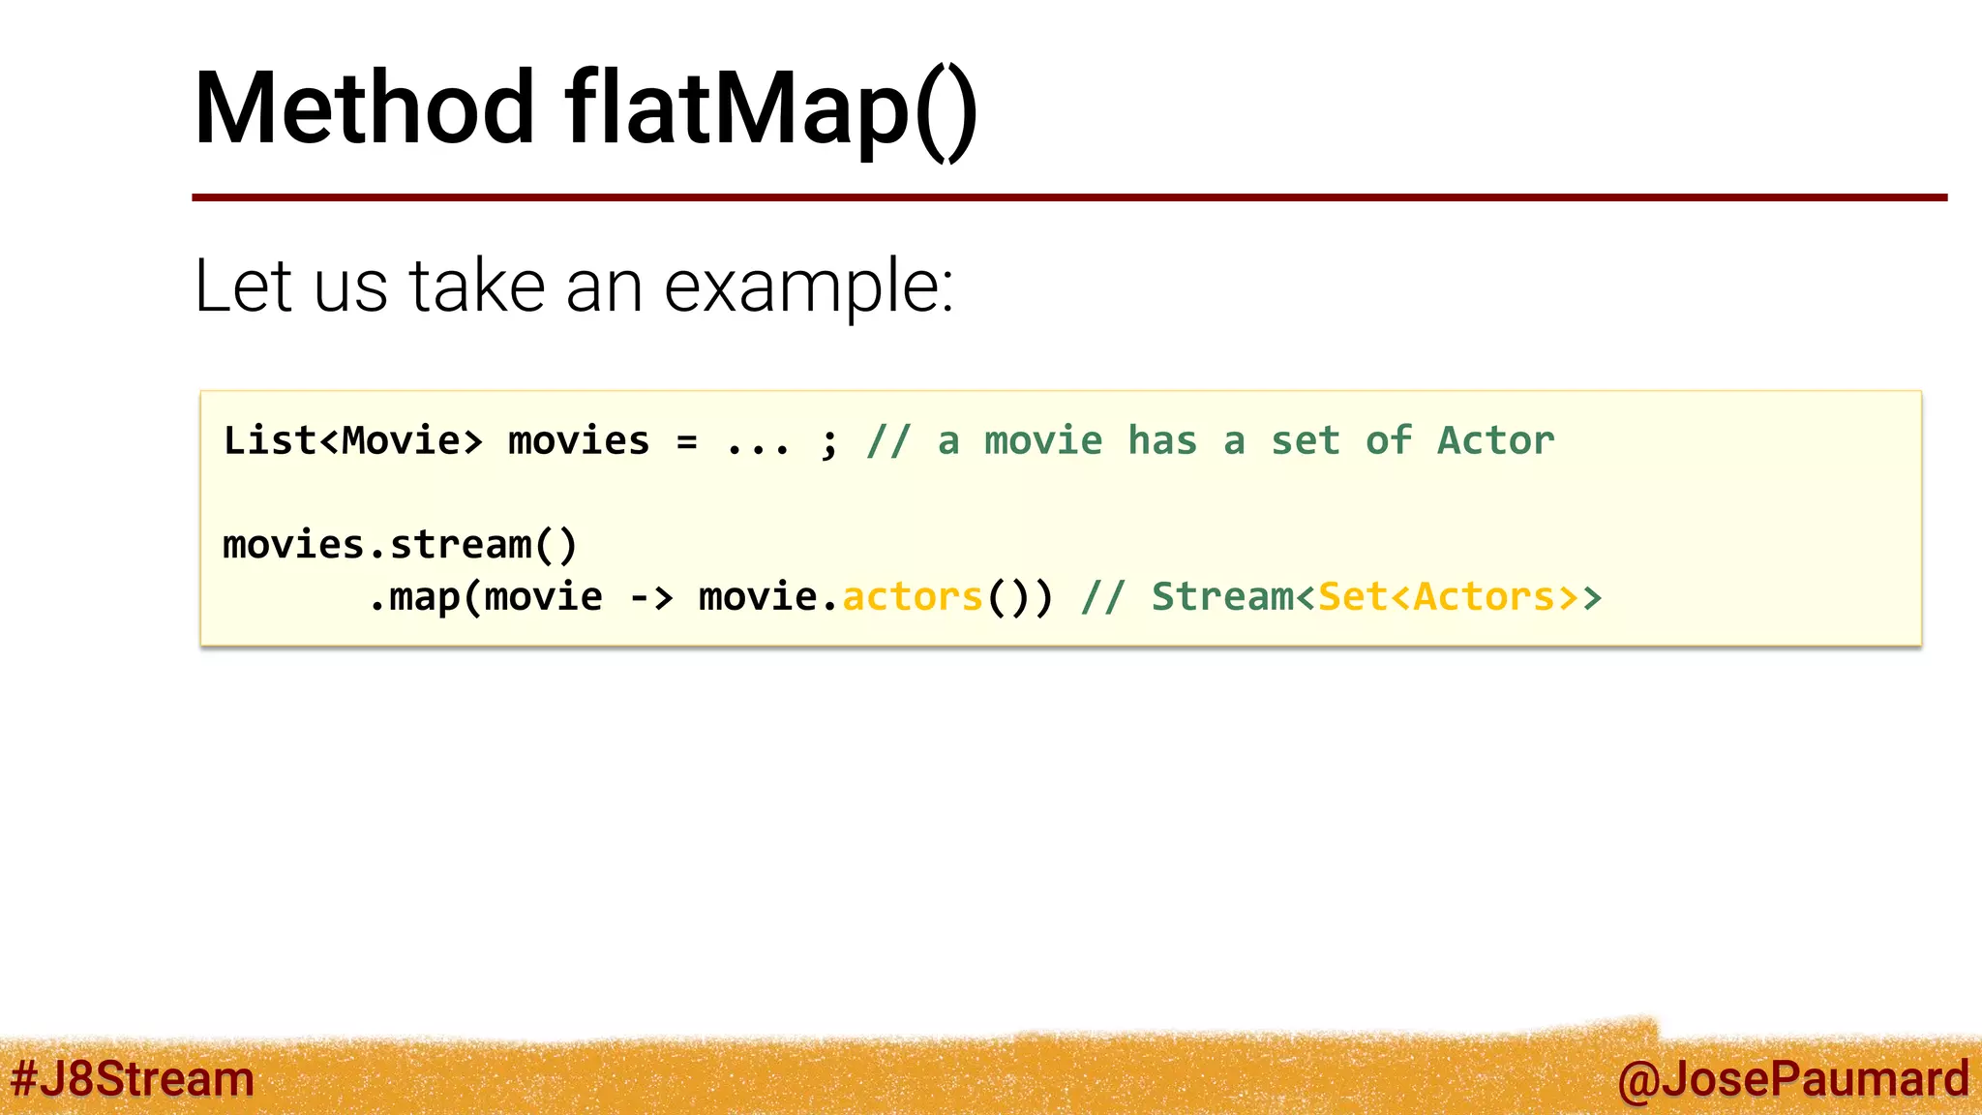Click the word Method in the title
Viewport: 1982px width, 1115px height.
364,108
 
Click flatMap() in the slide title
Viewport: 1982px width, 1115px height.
771,108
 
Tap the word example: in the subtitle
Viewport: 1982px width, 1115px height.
809,286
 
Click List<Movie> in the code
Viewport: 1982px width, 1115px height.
352,441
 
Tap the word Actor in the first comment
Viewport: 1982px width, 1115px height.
1495,441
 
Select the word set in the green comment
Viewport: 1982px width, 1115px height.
1305,441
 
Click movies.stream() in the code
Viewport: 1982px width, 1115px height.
400,545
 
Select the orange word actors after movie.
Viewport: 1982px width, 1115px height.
913,597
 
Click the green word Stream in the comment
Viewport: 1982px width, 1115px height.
1221,597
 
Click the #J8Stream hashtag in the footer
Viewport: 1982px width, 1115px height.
133,1079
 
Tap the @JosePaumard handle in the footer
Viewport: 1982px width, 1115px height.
1792,1079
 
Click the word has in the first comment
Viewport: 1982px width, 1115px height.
1162,441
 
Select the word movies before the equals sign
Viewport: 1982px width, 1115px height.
579,441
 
